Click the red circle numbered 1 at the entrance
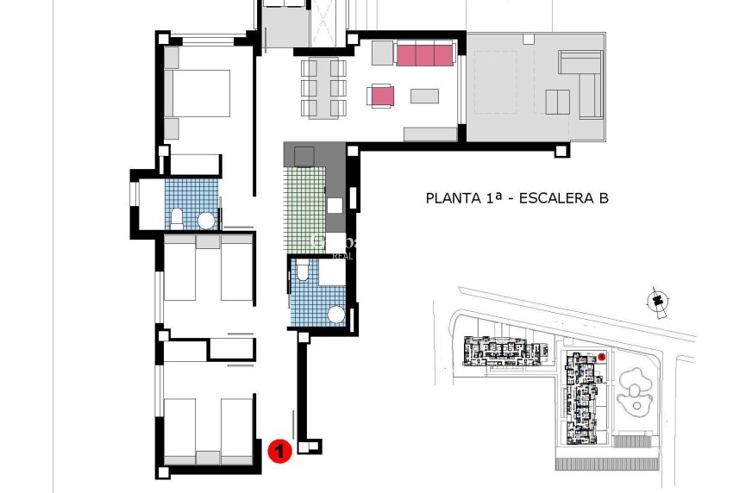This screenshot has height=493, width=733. pos(279,450)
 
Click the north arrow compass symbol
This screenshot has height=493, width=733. pos(660,301)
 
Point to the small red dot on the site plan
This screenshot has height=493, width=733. pos(602,356)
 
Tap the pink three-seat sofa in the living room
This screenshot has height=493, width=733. pos(424,55)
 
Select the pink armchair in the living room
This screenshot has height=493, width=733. pos(381,96)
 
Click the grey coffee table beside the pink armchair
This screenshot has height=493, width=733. pos(424,96)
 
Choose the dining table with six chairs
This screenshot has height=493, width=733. pos(323,88)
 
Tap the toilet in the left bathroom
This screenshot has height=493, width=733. pos(176,218)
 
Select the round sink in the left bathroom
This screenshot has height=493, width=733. pos(206,221)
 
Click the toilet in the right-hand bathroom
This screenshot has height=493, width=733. pos(301,274)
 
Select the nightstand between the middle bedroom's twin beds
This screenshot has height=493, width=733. pos(207,242)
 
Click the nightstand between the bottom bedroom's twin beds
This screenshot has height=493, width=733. pos(207,457)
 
